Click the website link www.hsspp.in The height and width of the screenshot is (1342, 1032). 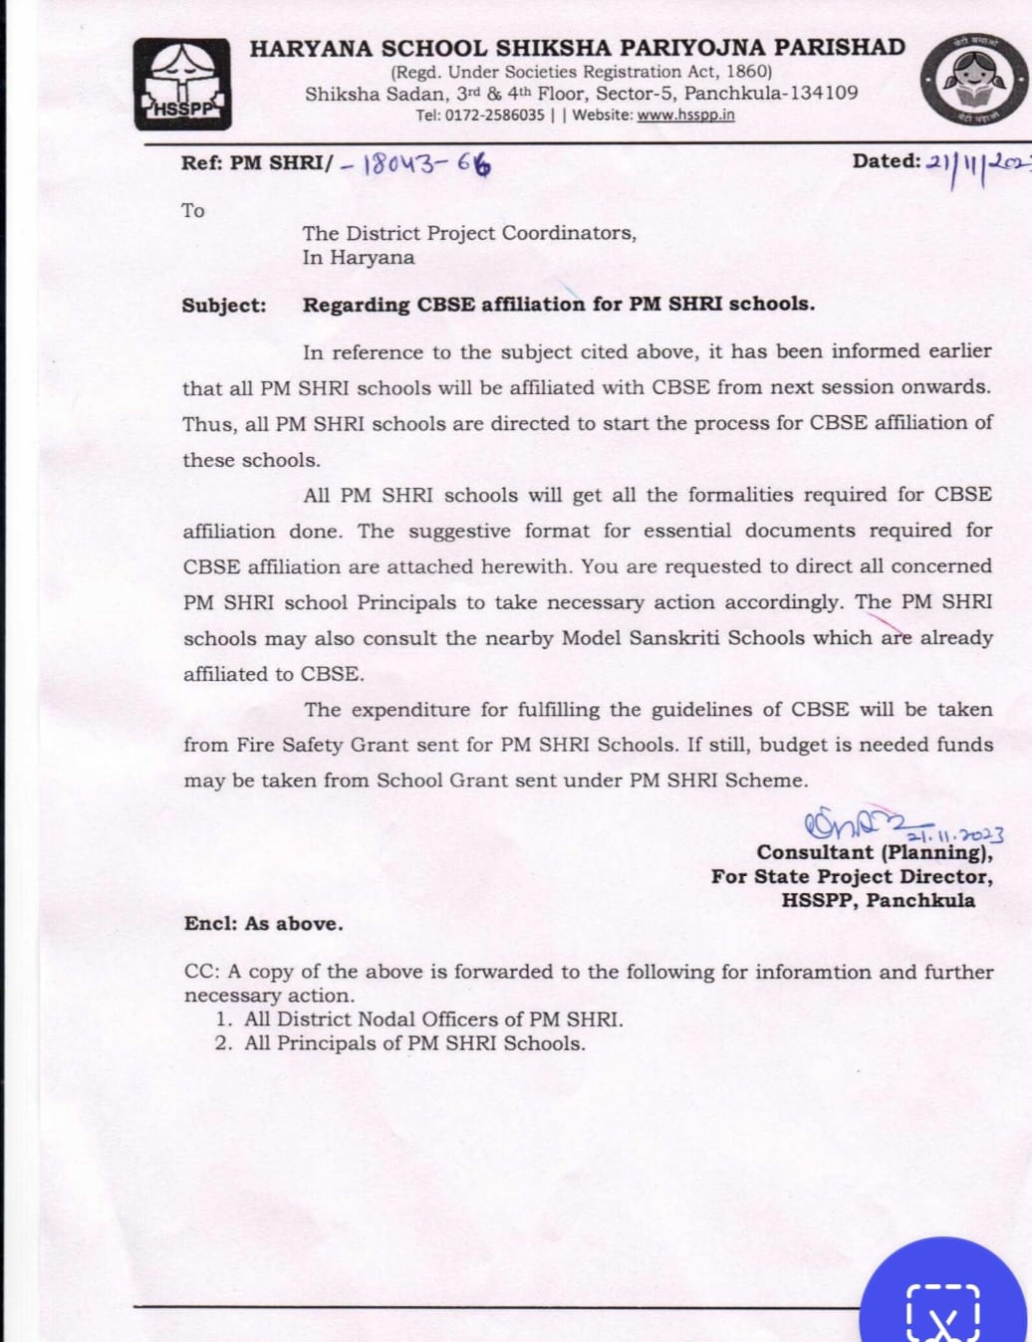685,114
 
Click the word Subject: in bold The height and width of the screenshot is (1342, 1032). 224,306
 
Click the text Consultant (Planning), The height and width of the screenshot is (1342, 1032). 874,852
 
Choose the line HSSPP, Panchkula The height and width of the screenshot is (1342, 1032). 878,900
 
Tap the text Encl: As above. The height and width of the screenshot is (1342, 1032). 263,924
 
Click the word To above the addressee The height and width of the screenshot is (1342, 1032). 193,210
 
